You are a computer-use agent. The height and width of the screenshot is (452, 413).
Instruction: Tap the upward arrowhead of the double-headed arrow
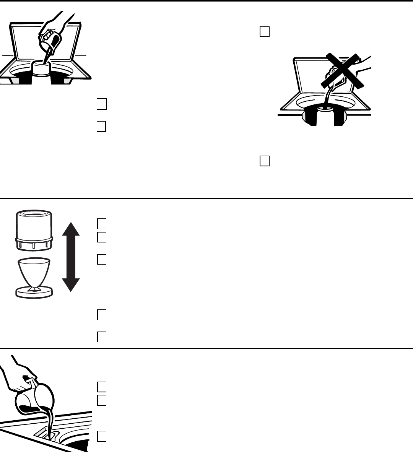pyautogui.click(x=71, y=229)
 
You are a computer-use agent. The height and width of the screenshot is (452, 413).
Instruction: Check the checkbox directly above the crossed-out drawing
pyautogui.click(x=265, y=32)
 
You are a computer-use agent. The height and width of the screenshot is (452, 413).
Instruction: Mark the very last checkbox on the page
pyautogui.click(x=101, y=437)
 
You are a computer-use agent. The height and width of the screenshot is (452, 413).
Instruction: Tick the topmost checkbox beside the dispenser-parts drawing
pyautogui.click(x=101, y=223)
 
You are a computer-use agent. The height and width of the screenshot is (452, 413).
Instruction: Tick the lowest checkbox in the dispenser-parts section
pyautogui.click(x=101, y=337)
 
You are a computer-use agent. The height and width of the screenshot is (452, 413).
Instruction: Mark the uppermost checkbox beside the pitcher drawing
pyautogui.click(x=101, y=387)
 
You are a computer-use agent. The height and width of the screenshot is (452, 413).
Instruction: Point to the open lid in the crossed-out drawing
pyautogui.click(x=310, y=76)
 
